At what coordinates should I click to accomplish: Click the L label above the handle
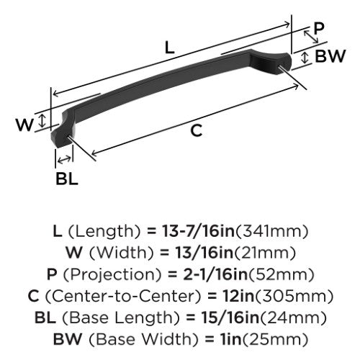pos(170,48)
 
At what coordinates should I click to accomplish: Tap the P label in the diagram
pos(319,28)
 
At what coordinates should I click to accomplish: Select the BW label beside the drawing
pos(330,56)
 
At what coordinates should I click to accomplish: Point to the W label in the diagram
pos(24,125)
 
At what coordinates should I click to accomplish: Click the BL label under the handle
pos(67,179)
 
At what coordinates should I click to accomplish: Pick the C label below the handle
pos(197,131)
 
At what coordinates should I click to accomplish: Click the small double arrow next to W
pos(42,121)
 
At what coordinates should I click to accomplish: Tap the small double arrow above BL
pos(65,159)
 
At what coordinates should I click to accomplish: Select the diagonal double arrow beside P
pos(311,37)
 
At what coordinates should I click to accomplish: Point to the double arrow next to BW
pos(305,58)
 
